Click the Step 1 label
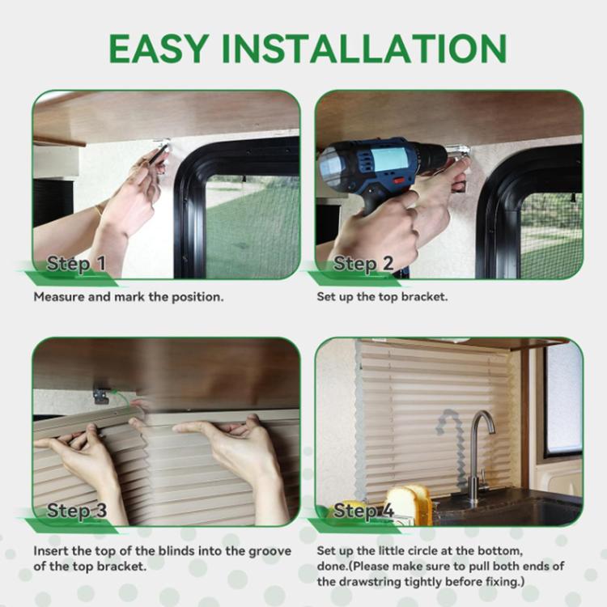(x=76, y=264)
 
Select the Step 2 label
(x=363, y=264)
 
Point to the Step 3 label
(x=77, y=510)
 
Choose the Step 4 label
(x=363, y=510)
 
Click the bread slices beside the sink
(x=410, y=503)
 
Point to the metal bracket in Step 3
(x=100, y=393)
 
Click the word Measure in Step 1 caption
(x=59, y=297)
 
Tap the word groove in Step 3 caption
(x=270, y=551)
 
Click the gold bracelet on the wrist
(x=99, y=211)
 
